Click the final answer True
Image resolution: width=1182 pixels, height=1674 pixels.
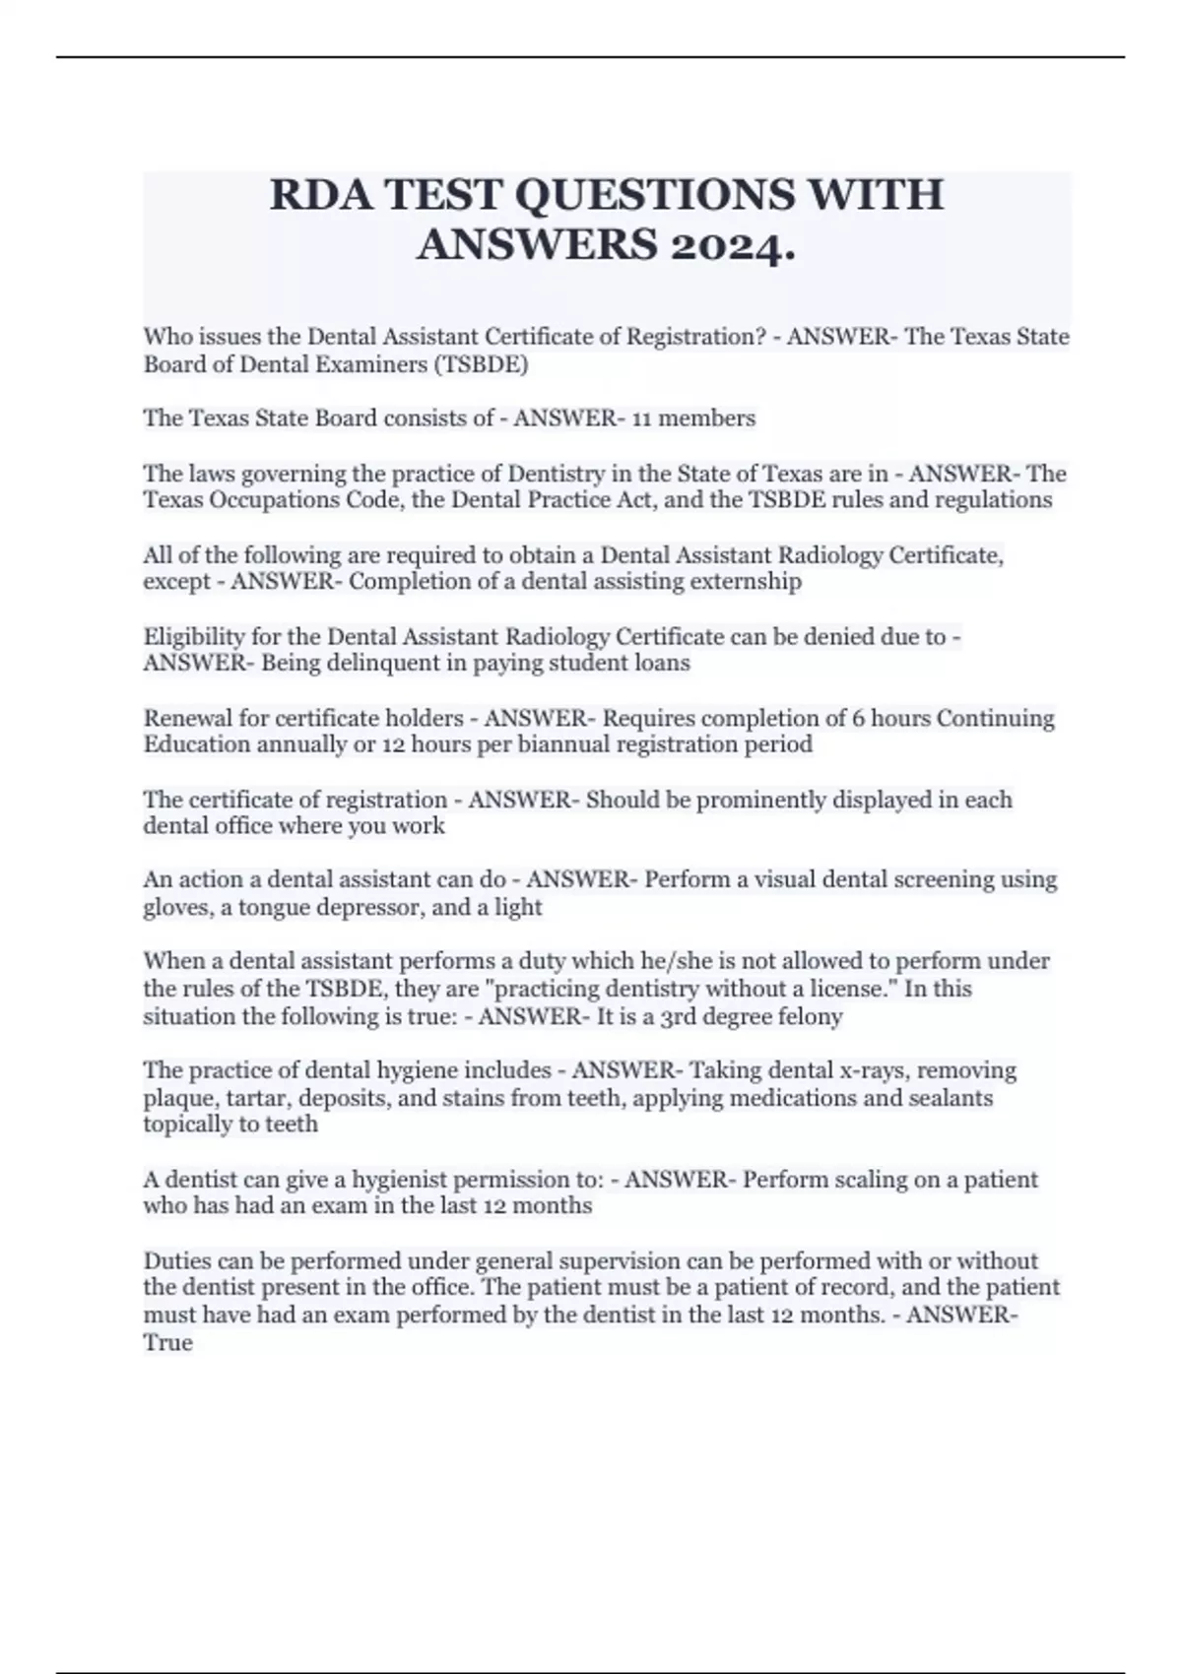167,1343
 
